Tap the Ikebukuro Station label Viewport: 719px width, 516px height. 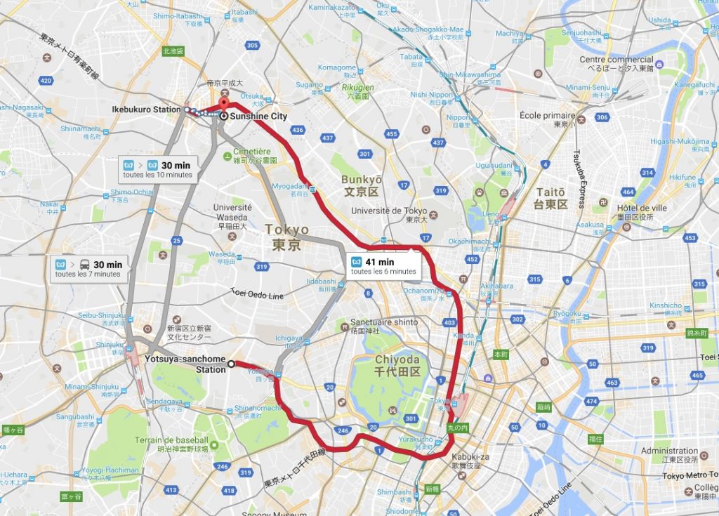click(146, 110)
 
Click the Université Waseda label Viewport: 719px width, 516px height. click(232, 212)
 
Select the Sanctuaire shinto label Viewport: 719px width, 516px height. click(383, 326)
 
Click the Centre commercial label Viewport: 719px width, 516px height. click(616, 64)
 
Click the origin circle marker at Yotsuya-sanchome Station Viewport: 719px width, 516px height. click(231, 363)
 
